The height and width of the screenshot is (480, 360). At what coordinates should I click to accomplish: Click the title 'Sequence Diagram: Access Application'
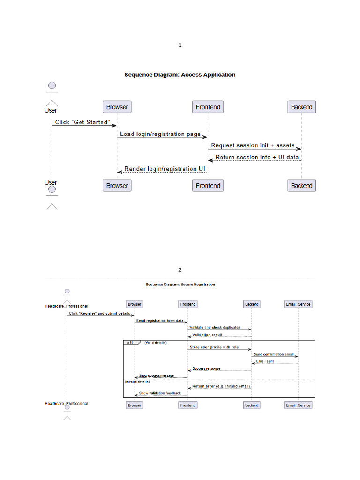tap(180, 75)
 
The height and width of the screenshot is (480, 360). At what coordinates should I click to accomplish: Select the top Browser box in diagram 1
tap(117, 107)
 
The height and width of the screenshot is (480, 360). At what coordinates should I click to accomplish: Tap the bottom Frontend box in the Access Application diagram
tap(208, 186)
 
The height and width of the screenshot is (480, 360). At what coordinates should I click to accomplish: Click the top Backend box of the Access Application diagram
tap(301, 107)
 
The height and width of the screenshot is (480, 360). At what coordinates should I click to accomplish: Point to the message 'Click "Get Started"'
tap(82, 122)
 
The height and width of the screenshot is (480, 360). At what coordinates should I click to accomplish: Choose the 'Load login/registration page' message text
tap(160, 134)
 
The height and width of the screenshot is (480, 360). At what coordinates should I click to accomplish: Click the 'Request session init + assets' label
tap(253, 145)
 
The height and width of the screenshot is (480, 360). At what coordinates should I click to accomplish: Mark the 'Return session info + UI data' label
tap(257, 157)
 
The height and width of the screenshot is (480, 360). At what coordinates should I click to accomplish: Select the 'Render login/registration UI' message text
tap(165, 169)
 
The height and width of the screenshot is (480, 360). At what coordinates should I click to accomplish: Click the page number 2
tap(180, 270)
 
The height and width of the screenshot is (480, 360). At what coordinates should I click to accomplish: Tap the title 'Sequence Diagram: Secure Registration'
tap(180, 285)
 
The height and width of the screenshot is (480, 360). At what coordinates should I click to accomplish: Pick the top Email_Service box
tap(298, 304)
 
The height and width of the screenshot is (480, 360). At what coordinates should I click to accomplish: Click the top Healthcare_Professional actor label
tap(66, 306)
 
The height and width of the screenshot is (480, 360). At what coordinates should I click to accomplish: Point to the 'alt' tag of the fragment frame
tap(129, 343)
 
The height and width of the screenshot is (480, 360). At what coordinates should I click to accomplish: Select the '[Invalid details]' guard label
tap(136, 382)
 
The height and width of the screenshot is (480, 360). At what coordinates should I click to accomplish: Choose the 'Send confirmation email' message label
tap(274, 354)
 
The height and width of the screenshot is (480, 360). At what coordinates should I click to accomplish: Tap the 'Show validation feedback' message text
tap(159, 393)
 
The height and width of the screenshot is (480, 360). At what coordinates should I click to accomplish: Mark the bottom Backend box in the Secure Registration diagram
tap(252, 405)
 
